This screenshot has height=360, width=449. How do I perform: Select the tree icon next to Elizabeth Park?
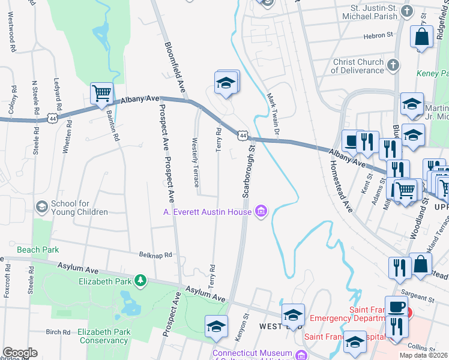[x=140, y=280]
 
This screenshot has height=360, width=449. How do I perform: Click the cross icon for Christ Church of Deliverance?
[x=393, y=65]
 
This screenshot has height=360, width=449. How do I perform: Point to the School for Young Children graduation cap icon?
[x=42, y=207]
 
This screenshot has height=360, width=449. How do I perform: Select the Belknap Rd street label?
[x=155, y=255]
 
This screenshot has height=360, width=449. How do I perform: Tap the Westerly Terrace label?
[x=194, y=160]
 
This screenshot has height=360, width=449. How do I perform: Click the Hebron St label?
[x=378, y=36]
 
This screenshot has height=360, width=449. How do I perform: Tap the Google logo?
[x=20, y=353]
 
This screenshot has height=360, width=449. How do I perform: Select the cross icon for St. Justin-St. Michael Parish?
[x=408, y=11]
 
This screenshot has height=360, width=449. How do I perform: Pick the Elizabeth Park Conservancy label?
[x=94, y=335]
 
